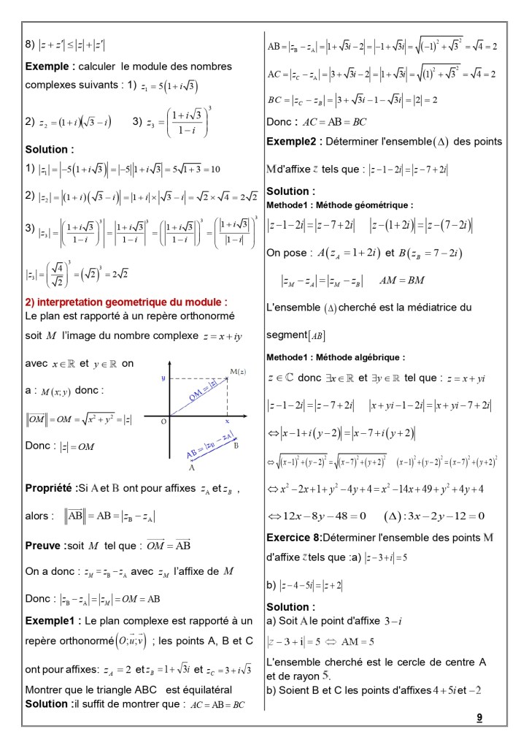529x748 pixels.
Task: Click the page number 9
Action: click(479, 717)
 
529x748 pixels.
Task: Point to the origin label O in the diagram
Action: click(163, 421)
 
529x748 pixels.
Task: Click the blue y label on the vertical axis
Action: click(163, 378)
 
